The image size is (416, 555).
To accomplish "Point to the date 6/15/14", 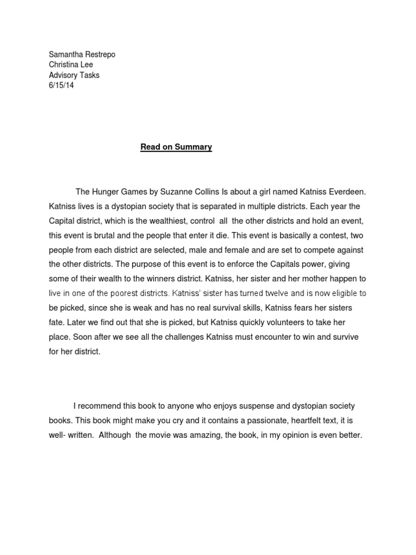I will (61, 85).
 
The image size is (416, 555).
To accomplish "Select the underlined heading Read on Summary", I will (176, 147).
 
